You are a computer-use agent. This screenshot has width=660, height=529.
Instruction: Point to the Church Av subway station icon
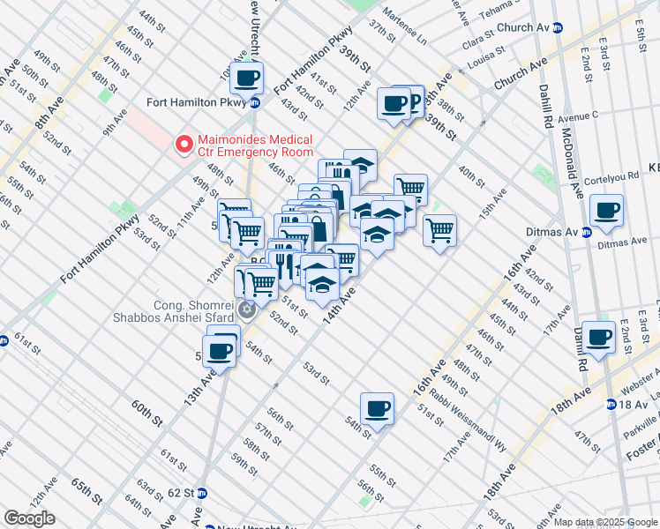click(558, 28)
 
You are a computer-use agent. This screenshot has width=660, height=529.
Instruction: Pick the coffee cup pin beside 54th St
click(377, 408)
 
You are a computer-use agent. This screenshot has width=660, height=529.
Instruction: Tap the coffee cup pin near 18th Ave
click(599, 337)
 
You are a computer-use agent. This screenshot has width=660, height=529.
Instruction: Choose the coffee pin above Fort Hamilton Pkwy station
click(248, 78)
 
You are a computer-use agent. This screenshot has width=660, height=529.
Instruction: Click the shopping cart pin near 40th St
click(439, 231)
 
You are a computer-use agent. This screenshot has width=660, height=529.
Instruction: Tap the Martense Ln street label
click(409, 39)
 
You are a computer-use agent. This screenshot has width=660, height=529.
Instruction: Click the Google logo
click(29, 518)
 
